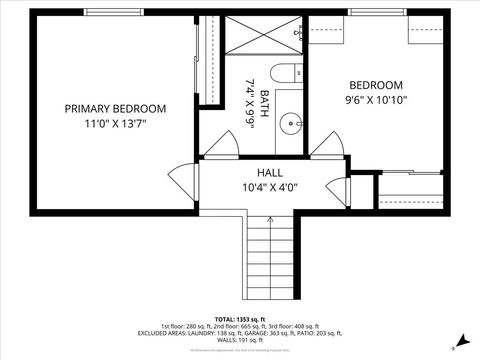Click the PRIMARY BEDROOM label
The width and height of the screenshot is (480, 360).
pyautogui.click(x=115, y=108)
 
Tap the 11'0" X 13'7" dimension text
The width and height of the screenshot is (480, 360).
pyautogui.click(x=115, y=125)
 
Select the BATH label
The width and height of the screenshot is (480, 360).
pyautogui.click(x=264, y=105)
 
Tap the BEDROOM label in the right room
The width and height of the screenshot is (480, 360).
pyautogui.click(x=375, y=85)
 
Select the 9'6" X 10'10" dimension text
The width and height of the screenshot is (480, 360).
pyautogui.click(x=375, y=101)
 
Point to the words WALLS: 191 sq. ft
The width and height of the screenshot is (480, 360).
pyautogui.click(x=240, y=340)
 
